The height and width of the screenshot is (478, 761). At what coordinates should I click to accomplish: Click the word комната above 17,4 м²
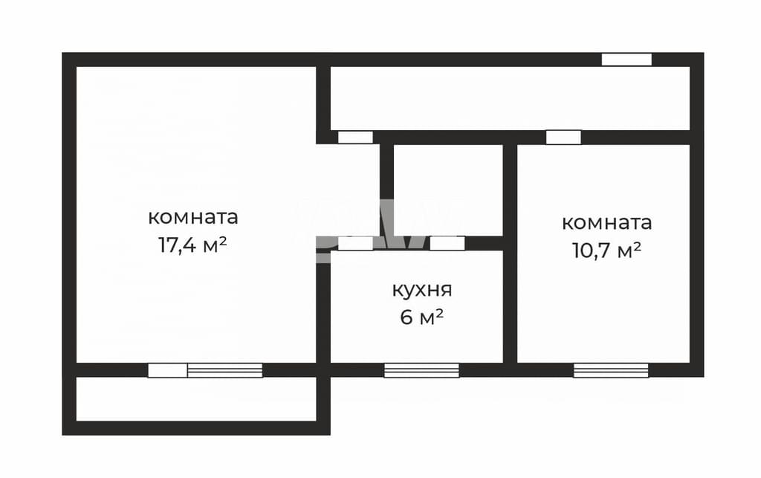point(193,217)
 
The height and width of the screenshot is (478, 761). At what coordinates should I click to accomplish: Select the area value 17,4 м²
point(192,245)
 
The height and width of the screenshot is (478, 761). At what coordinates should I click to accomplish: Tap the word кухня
point(422,290)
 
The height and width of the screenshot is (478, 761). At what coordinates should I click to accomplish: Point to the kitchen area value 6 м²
point(422,317)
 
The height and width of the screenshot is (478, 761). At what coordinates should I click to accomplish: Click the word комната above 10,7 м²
point(606,223)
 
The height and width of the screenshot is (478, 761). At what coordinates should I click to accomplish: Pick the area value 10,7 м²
point(607,251)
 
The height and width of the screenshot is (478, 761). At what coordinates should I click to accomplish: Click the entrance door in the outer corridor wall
point(626,59)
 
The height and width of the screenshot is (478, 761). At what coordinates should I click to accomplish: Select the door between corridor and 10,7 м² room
point(563,138)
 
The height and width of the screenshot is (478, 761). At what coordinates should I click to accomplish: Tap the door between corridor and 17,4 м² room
point(355,138)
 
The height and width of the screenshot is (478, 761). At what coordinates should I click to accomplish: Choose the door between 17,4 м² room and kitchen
point(355,243)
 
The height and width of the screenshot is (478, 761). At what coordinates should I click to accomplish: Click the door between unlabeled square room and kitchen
point(447,243)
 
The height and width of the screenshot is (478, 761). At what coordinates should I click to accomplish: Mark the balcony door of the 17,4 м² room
point(167,370)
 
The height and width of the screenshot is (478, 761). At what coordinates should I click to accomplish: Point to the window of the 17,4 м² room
point(224,370)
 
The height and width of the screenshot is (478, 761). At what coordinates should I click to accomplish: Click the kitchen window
point(421,370)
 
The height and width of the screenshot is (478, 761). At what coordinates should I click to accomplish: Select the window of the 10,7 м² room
point(611,370)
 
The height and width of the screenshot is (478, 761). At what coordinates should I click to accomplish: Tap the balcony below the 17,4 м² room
point(196,399)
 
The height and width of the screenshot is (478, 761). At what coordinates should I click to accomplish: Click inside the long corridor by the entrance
point(510,98)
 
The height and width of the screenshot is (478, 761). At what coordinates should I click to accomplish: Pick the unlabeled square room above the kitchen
point(447,190)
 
